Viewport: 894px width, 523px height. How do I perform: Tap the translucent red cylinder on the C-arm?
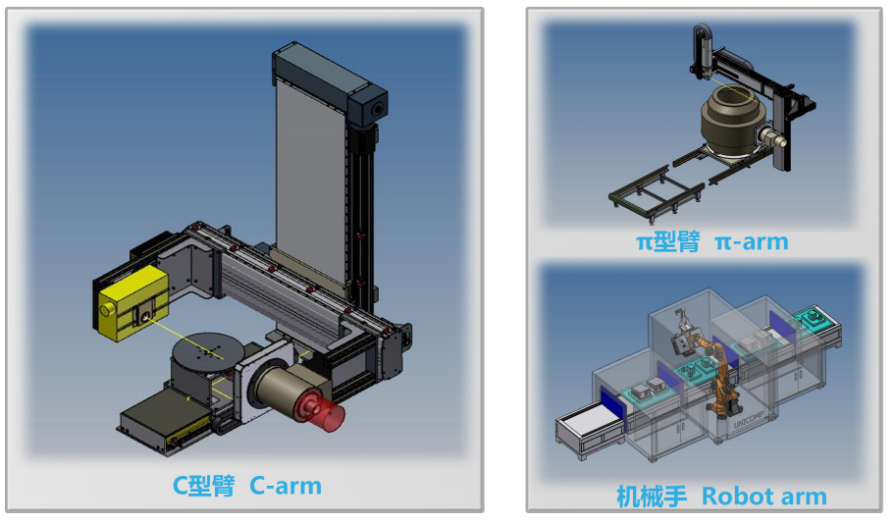[x=322, y=411]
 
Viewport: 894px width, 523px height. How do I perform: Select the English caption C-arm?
[x=286, y=485]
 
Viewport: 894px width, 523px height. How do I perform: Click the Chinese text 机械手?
[x=652, y=497]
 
